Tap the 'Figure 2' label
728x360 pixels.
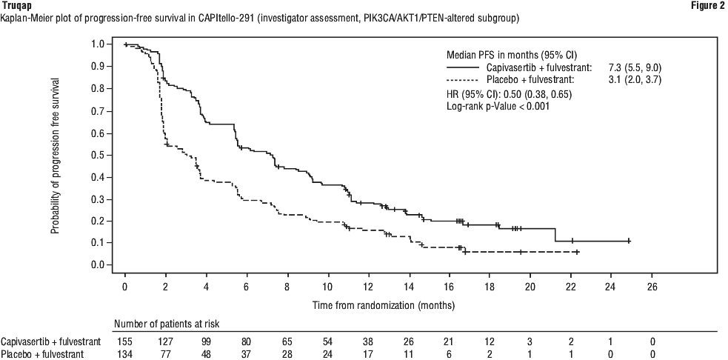pyautogui.click(x=709, y=6)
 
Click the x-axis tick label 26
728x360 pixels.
pyautogui.click(x=652, y=286)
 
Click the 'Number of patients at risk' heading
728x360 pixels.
pyautogui.click(x=167, y=323)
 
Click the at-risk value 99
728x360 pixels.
pyautogui.click(x=206, y=341)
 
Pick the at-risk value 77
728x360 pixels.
pyautogui.click(x=166, y=353)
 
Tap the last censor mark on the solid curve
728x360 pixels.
pyautogui.click(x=629, y=241)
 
